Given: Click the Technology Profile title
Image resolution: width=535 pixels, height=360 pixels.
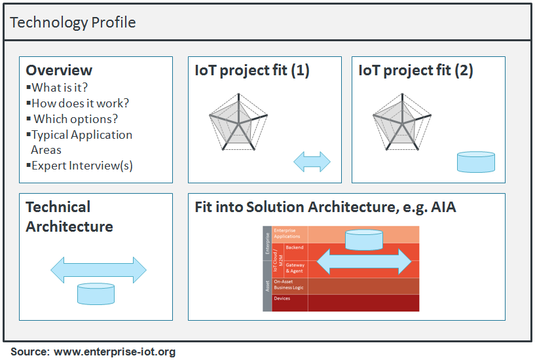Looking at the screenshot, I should (x=73, y=22).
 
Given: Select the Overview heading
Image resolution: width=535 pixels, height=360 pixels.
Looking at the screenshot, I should (x=59, y=70).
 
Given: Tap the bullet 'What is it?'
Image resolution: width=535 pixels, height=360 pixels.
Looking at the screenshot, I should (x=60, y=87).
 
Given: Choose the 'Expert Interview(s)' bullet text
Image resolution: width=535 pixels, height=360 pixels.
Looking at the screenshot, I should (x=82, y=166).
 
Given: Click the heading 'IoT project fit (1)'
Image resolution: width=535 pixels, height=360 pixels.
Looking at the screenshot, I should (x=252, y=70).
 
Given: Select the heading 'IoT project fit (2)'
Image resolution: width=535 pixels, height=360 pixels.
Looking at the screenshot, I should (x=416, y=70).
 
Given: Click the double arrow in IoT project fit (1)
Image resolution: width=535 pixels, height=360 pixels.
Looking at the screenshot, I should (x=312, y=162).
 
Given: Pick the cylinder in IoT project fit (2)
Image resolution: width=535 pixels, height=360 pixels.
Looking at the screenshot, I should (x=475, y=162).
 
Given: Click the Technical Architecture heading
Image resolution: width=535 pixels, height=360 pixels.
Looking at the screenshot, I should (x=69, y=217).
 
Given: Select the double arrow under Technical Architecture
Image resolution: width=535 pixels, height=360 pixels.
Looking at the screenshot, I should (x=98, y=270).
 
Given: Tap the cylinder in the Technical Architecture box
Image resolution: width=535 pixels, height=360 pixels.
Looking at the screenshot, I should (x=96, y=293).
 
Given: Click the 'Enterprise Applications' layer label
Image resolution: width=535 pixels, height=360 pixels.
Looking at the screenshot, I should (x=286, y=234).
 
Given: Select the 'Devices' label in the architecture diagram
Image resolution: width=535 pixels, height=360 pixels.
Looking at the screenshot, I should (x=282, y=299).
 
